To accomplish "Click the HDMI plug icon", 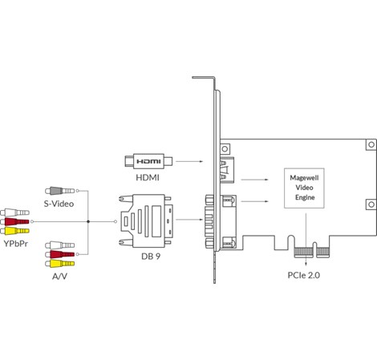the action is pyautogui.click(x=148, y=161).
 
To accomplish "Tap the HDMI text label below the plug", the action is pyautogui.click(x=148, y=177).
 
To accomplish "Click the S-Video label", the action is pyautogui.click(x=59, y=204).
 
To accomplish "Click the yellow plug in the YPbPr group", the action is pyautogui.click(x=14, y=231).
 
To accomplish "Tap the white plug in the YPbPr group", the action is pyautogui.click(x=14, y=212).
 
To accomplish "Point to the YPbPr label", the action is pyautogui.click(x=16, y=244).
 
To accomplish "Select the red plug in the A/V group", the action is pyautogui.click(x=60, y=254).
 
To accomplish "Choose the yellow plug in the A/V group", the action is pyautogui.click(x=60, y=264).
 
